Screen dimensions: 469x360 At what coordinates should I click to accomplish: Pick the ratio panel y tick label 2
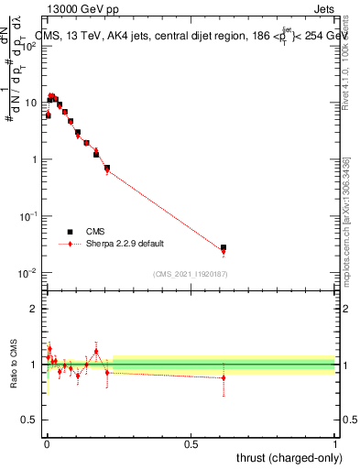coord(35,309)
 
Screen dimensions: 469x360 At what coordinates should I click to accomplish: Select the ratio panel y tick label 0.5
coord(31,420)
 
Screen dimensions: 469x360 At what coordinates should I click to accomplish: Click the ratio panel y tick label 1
coord(35,365)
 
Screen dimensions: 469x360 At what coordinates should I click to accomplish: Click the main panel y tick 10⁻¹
coord(29,216)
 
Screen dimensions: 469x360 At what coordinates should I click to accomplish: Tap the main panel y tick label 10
coord(31,103)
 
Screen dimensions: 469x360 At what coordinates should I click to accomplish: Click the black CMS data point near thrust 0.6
coord(224,247)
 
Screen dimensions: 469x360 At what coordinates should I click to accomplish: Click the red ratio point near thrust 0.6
coord(224,377)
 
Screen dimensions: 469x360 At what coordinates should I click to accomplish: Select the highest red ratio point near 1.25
coord(96,351)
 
